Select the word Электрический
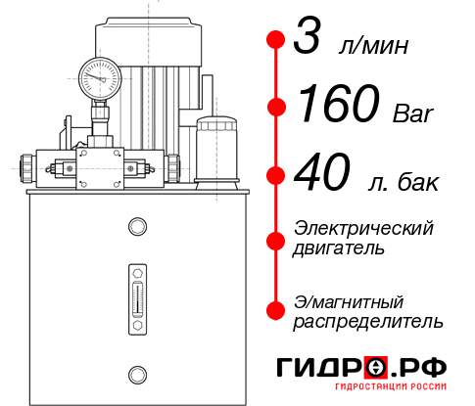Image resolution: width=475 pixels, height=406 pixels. coord(363,228)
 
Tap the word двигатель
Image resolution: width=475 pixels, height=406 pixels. coord(339,248)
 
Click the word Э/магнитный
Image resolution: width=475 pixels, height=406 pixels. coord(349,300)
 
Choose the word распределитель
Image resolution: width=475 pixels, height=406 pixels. coord(368,321)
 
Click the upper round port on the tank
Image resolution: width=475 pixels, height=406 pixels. coord(136,228)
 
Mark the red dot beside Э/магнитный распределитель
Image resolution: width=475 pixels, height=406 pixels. coord(276,310)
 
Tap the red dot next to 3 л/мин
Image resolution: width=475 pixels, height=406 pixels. coord(276,40)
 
